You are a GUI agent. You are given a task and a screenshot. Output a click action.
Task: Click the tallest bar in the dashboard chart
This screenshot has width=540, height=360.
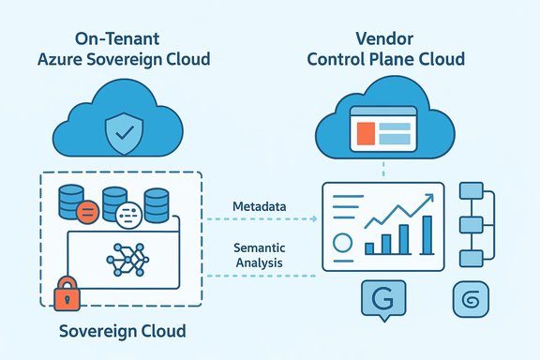[x=427, y=234]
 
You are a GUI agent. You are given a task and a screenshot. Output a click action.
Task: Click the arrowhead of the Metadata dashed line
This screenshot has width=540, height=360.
[x=315, y=218]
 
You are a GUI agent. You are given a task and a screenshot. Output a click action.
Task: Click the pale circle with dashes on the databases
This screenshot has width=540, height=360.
[x=130, y=212]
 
